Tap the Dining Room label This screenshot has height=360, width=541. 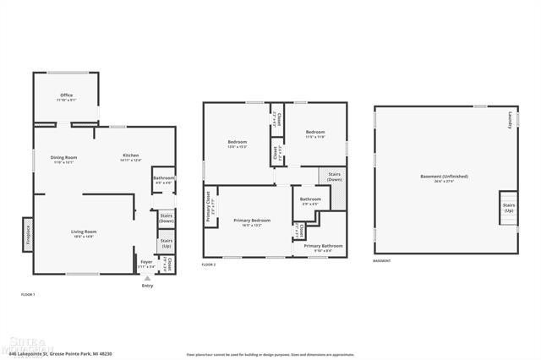click(64, 158)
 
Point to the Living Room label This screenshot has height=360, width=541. click(83, 233)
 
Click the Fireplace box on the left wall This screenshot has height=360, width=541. click(27, 232)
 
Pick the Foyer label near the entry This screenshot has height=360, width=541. click(146, 264)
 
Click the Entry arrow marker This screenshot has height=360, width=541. click(148, 277)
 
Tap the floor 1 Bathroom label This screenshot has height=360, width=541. click(163, 180)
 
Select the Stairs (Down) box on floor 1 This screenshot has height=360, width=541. click(167, 218)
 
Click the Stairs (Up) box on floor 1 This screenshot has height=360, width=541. click(167, 243)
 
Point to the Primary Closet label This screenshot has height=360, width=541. click(209, 207)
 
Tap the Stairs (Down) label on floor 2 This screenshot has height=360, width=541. click(335, 177)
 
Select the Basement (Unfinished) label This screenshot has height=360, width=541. click(444, 177)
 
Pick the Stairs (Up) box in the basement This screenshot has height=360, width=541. click(508, 208)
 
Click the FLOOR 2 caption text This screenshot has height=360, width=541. click(209, 265)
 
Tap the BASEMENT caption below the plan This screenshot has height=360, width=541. click(382, 261)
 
